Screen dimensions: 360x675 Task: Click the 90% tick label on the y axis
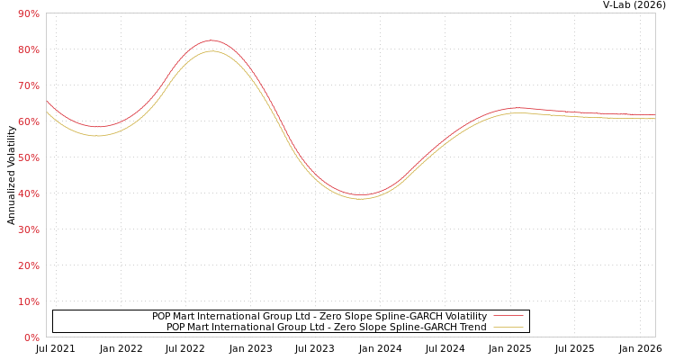(28, 13)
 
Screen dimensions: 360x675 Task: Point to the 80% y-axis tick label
(28, 49)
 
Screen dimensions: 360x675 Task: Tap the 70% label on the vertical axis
(28, 85)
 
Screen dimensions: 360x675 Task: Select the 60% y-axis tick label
(28, 121)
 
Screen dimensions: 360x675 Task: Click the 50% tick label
(28, 157)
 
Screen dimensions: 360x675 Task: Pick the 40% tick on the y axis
(28, 193)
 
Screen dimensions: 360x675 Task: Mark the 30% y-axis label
(28, 229)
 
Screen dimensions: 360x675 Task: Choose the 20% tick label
(28, 265)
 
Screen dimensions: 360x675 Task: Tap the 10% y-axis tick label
(28, 301)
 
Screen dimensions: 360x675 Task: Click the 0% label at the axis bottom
(31, 337)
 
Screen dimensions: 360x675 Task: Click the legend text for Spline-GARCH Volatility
(319, 316)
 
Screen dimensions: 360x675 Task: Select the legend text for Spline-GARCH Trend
(326, 327)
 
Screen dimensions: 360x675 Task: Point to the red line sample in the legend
(508, 316)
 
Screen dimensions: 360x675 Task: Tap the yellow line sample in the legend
(508, 327)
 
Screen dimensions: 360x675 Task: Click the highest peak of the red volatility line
(211, 40)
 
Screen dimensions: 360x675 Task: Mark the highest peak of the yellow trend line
(211, 50)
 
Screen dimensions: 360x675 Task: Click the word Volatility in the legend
(463, 316)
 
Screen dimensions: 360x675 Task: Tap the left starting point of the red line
(47, 102)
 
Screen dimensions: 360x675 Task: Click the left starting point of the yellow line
(47, 112)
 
